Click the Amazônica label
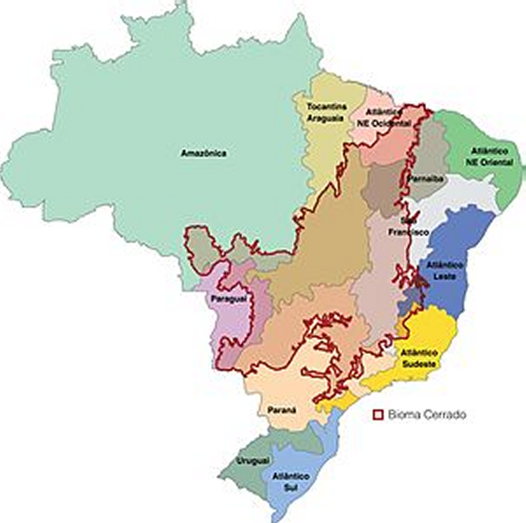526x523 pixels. coord(204,153)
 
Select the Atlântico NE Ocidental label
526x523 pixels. coord(389,118)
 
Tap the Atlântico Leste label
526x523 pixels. coord(446,270)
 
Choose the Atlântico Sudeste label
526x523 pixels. coord(419,358)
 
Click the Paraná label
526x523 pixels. coord(281,409)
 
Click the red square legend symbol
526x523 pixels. coord(379,415)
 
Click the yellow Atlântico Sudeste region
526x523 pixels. coord(431,329)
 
